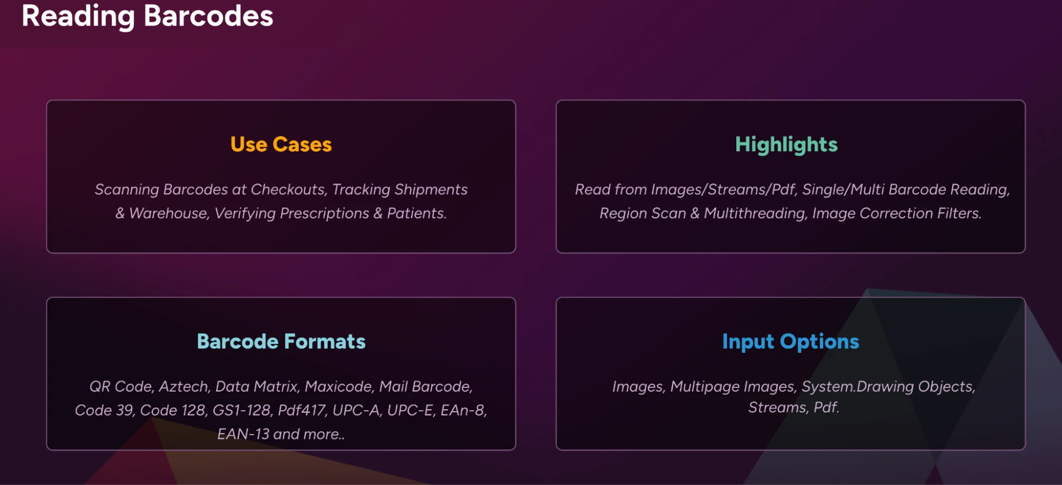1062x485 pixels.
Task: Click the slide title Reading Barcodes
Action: [x=147, y=16]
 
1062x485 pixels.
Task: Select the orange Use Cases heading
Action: [x=281, y=144]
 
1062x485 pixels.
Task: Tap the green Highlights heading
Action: [x=786, y=145]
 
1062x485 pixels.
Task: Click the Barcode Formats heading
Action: [x=281, y=341]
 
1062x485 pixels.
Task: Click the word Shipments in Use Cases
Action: [x=431, y=189]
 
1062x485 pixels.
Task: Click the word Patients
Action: [x=417, y=213]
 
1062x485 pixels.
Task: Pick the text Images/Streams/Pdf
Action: [x=724, y=189]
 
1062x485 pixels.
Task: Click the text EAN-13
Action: [x=243, y=434]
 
